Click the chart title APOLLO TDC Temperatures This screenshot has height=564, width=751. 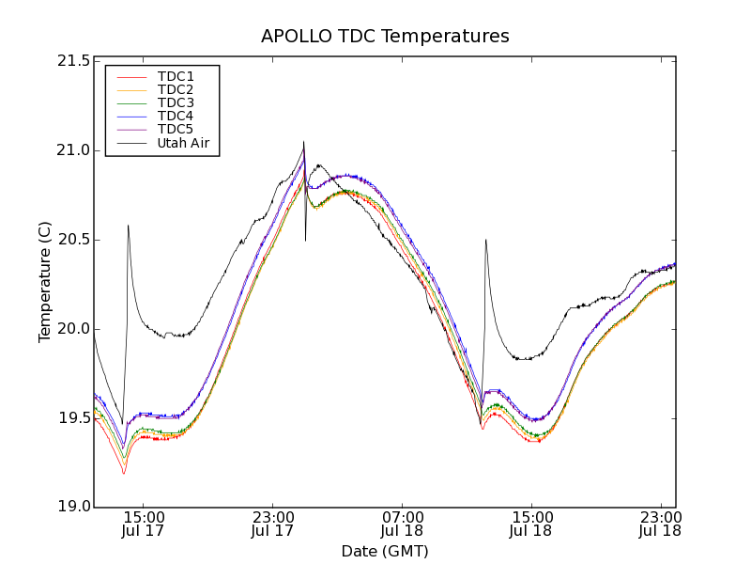[385, 37]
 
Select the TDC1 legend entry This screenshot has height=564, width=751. [176, 76]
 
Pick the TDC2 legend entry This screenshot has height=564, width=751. [176, 89]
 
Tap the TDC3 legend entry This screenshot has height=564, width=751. [176, 102]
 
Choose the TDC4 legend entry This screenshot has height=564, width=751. [176, 116]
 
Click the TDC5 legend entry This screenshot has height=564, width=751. [176, 129]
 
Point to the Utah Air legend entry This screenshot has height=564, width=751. [183, 144]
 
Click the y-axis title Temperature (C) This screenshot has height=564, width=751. [45, 282]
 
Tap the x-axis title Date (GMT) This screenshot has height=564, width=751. [385, 551]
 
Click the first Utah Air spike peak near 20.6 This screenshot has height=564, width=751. [128, 226]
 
